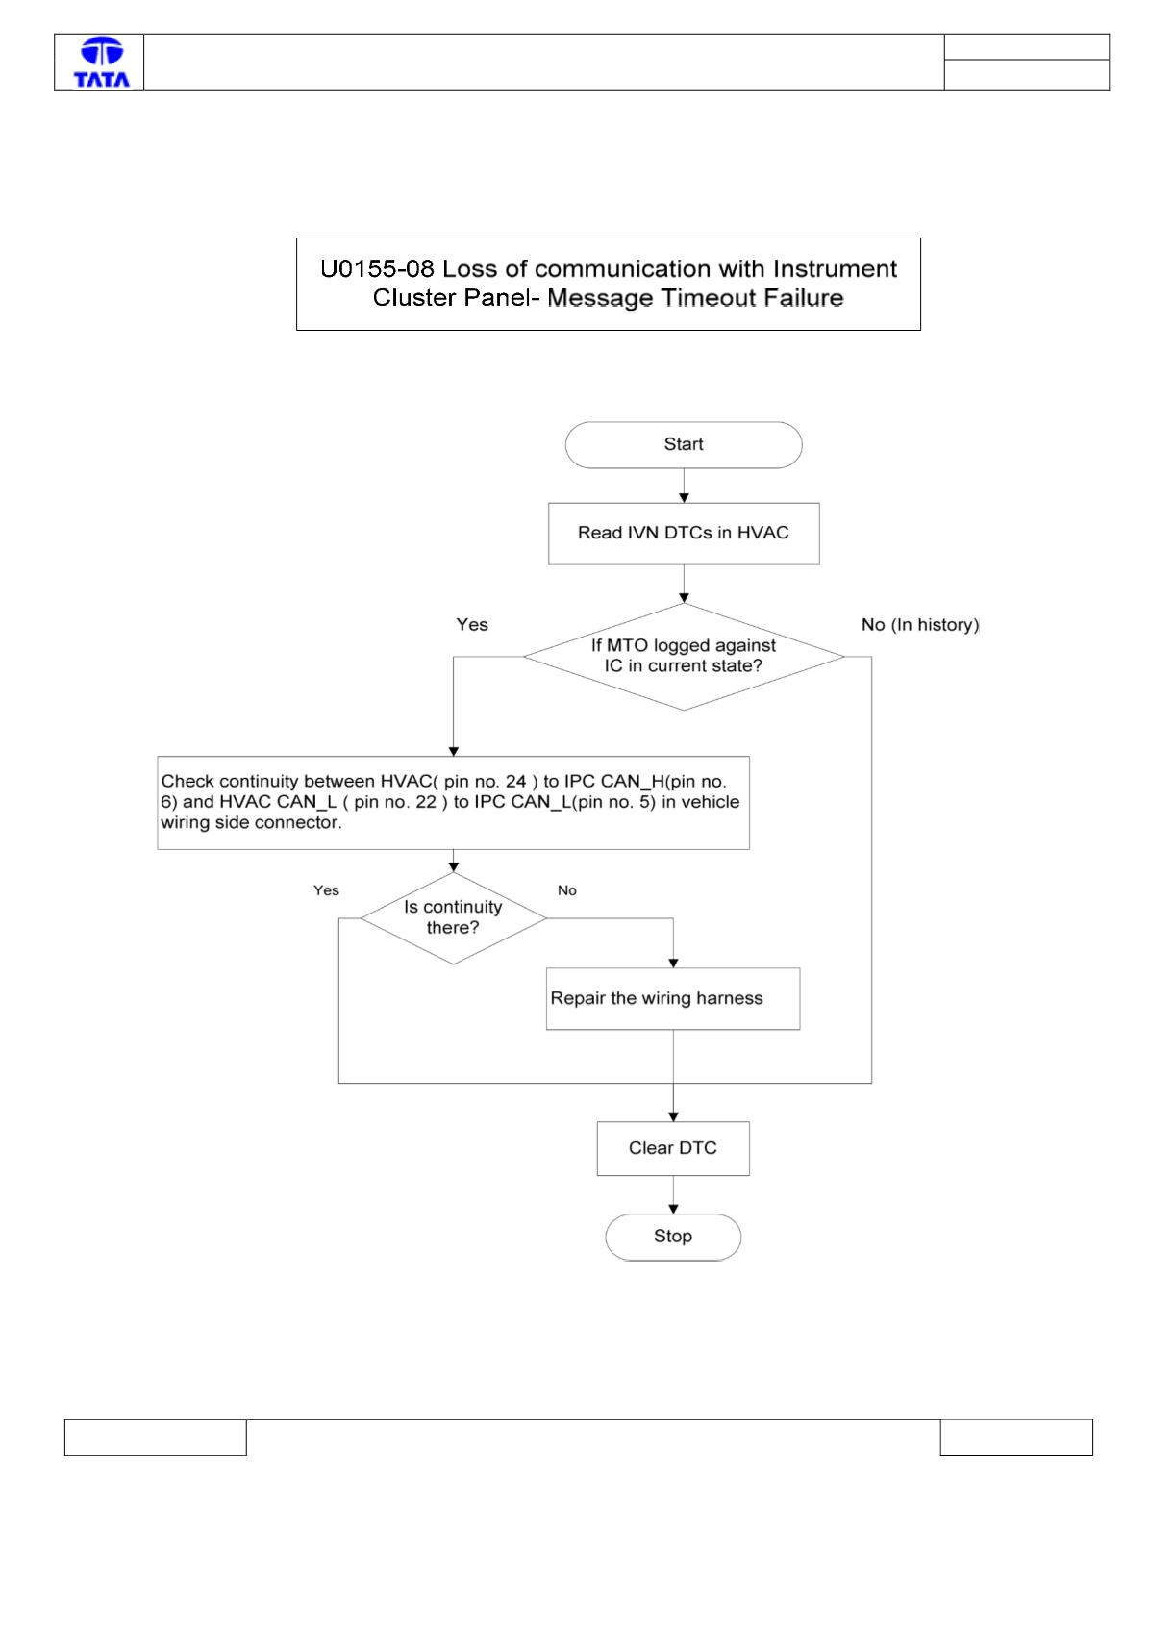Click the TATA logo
[x=102, y=63]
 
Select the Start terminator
[x=684, y=444]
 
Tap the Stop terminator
[x=673, y=1237]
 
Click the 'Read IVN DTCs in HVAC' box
[x=684, y=533]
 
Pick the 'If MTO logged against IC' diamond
[x=684, y=657]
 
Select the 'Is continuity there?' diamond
[x=453, y=918]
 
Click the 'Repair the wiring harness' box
[x=673, y=998]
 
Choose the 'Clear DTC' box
[x=673, y=1148]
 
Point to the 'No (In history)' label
[x=919, y=625]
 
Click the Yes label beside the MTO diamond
[x=472, y=625]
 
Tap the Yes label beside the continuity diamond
[x=326, y=890]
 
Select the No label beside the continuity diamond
[x=566, y=890]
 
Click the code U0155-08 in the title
[x=377, y=268]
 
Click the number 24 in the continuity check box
[x=515, y=782]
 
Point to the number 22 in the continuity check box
[x=426, y=802]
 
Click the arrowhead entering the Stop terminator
[x=673, y=1209]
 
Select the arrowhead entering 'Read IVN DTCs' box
[x=684, y=497]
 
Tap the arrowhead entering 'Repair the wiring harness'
[x=673, y=964]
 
